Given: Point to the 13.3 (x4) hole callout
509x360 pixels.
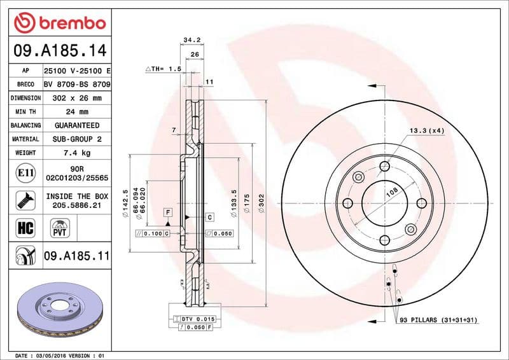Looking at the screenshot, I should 426,130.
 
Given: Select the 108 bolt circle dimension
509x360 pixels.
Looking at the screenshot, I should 393,191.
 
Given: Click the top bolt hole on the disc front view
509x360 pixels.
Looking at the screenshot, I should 384,167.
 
